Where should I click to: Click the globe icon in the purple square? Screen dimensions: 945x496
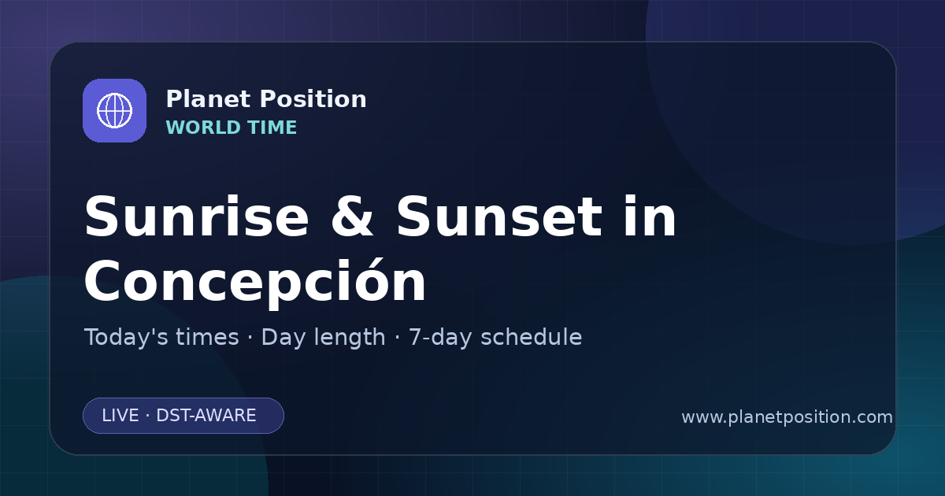tap(114, 110)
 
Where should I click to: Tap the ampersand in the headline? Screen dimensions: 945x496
tap(352, 217)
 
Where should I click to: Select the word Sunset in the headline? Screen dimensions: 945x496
tap(499, 217)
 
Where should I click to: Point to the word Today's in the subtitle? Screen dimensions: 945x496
tap(126, 337)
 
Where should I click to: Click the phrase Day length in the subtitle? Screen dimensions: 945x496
tap(323, 337)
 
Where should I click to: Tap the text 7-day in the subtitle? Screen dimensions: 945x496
tap(440, 337)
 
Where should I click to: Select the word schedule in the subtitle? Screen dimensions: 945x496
tap(532, 337)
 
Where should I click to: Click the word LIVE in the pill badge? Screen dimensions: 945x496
tap(120, 416)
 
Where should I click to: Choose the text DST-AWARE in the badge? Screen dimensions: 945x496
tap(206, 416)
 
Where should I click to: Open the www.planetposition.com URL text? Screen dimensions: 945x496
tap(787, 417)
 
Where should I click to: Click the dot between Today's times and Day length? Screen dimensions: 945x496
tap(250, 338)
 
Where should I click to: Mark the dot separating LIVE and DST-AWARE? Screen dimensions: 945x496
tap(147, 416)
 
